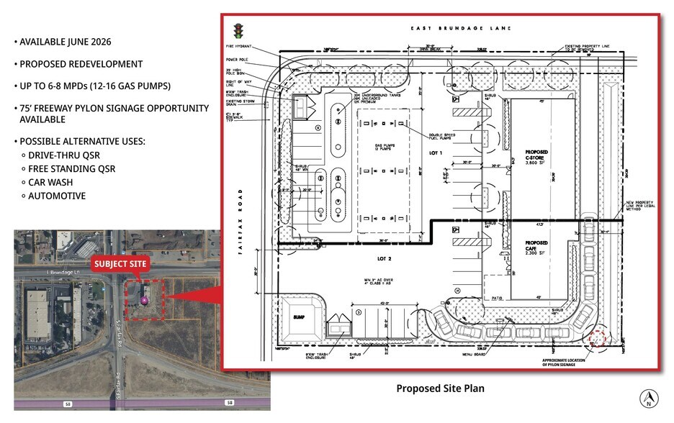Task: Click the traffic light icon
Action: tap(238, 31)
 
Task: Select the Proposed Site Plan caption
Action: tap(440, 388)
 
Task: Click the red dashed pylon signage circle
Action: tap(597, 338)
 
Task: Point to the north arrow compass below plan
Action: tap(649, 397)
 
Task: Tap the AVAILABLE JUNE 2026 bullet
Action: tap(66, 42)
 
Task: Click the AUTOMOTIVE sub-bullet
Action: tap(57, 196)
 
